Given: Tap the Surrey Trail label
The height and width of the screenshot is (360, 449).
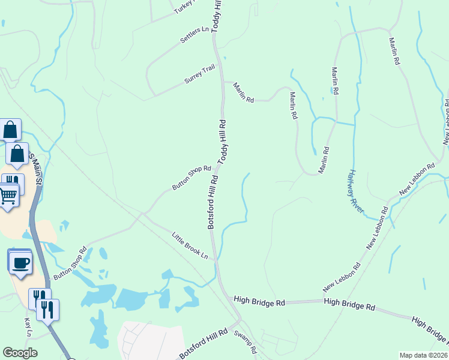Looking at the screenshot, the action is click(x=200, y=75).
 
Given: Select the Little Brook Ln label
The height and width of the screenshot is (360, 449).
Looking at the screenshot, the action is click(x=190, y=246).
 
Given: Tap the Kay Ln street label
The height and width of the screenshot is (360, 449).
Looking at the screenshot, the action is click(x=28, y=328).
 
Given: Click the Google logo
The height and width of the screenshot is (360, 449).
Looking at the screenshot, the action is click(x=20, y=353).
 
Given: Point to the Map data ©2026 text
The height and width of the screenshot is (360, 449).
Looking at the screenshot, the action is click(x=424, y=355).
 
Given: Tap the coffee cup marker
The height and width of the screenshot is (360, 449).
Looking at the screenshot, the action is click(x=20, y=263).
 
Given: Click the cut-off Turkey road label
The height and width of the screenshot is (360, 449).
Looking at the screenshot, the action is click(x=184, y=7).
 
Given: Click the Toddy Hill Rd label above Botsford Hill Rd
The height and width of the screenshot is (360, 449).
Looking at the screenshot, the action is click(x=222, y=142).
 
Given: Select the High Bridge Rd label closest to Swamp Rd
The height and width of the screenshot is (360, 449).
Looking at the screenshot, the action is click(x=259, y=301).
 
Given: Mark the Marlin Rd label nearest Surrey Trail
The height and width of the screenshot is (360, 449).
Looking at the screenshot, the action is click(x=244, y=92).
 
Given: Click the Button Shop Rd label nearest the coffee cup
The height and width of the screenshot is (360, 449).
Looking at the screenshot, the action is click(x=70, y=265).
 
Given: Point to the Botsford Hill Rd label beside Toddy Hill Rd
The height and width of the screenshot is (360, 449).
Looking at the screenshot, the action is click(x=212, y=201).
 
